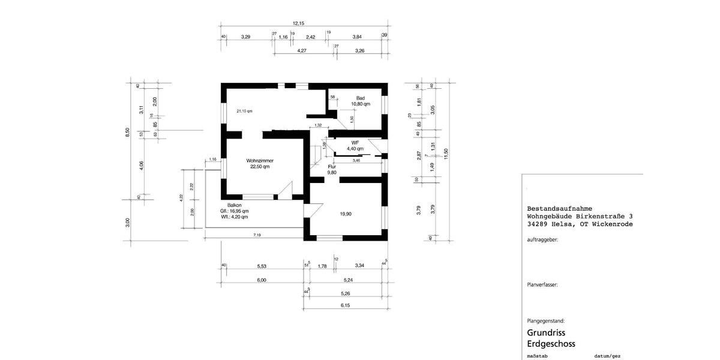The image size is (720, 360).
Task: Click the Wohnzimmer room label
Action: (x=260, y=161)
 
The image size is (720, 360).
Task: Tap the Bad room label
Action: (x=360, y=98)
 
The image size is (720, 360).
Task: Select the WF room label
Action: (x=355, y=142)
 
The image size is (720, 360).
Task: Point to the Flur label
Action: (x=332, y=166)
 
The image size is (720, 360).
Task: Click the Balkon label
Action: (x=234, y=205)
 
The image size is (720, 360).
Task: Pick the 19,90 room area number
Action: (x=346, y=214)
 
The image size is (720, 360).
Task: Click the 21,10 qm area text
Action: (x=244, y=111)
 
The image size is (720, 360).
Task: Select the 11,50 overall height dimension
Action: (x=446, y=155)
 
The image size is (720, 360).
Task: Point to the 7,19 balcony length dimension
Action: (x=257, y=235)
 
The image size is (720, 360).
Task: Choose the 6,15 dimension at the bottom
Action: (x=345, y=306)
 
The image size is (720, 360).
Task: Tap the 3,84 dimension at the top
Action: (x=357, y=37)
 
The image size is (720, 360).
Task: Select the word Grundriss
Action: (x=546, y=332)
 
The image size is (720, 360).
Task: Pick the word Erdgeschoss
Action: (x=551, y=344)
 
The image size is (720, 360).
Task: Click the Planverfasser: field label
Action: (x=542, y=285)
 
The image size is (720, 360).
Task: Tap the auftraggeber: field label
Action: (x=542, y=239)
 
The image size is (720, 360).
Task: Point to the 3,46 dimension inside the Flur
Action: (x=356, y=160)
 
